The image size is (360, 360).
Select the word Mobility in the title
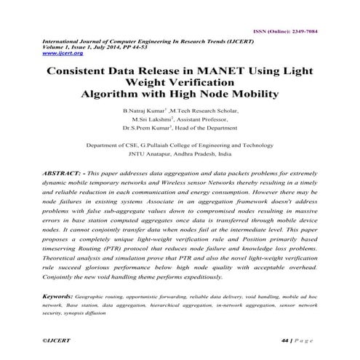pyautogui.click(x=252, y=95)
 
